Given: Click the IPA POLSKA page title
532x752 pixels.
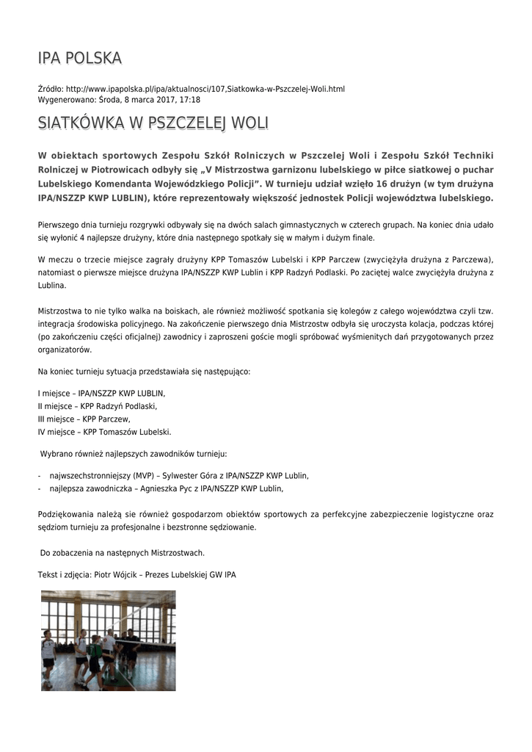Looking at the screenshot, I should pyautogui.click(x=80, y=58).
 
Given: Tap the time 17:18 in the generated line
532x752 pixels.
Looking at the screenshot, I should pyautogui.click(x=190, y=99).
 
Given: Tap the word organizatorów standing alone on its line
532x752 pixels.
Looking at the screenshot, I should pyautogui.click(x=65, y=350).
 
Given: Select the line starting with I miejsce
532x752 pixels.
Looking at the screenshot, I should pyautogui.click(x=102, y=393).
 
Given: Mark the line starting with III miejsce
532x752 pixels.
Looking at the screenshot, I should pyautogui.click(x=84, y=419).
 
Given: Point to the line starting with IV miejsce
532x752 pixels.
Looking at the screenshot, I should pyautogui.click(x=104, y=432).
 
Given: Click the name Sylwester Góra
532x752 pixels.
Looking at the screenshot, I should pyautogui.click(x=207, y=475).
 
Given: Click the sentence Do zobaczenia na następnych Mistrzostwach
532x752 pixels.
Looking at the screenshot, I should pyautogui.click(x=122, y=552).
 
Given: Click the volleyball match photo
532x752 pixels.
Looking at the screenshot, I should pyautogui.click(x=108, y=640).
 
